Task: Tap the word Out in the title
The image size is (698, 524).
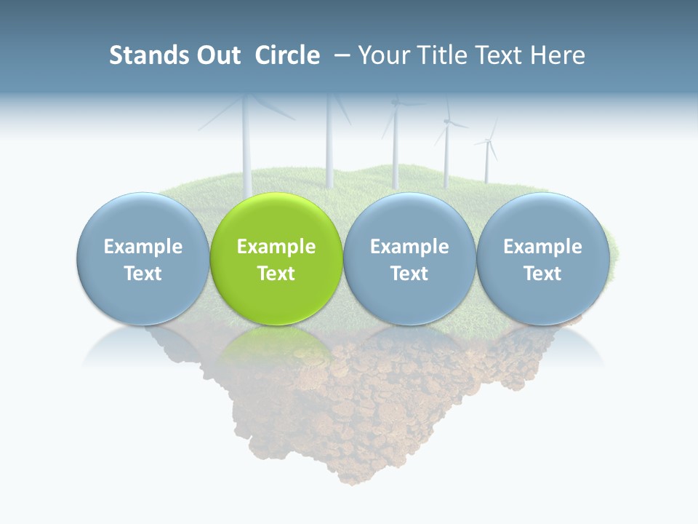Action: point(217,55)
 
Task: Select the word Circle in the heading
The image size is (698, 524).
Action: point(287,55)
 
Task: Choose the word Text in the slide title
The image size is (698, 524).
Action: point(501,55)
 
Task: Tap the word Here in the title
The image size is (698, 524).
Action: point(558,55)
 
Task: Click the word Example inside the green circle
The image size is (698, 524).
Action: point(276,247)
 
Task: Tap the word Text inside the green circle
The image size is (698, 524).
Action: point(276,274)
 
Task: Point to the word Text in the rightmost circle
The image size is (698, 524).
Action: point(543,274)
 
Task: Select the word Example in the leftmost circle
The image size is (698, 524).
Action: point(143,247)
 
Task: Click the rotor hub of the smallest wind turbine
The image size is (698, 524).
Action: point(487,141)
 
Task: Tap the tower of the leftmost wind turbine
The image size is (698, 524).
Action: point(246,153)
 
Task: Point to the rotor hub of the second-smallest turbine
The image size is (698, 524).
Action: point(446,123)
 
